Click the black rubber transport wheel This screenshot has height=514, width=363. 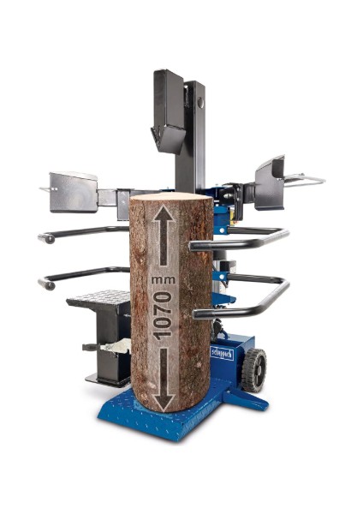[254, 370]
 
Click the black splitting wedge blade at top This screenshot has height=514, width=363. [169, 137]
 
